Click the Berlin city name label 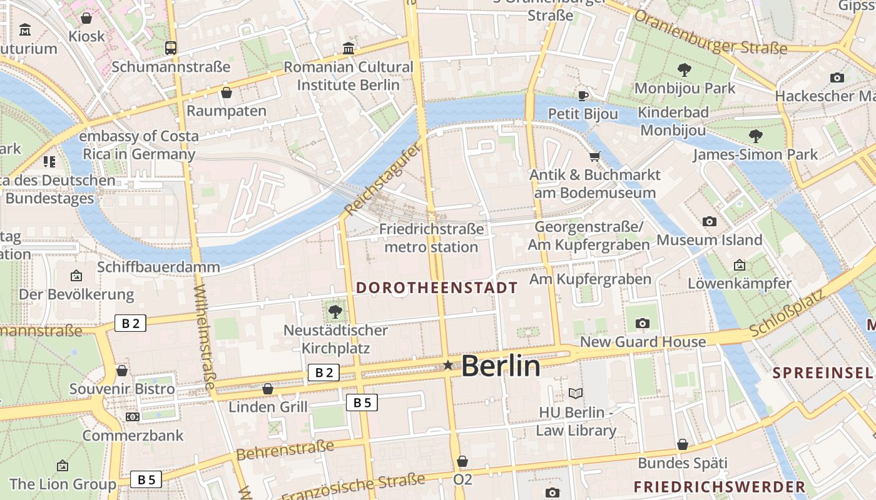(501, 366)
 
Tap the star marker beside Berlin (448, 365)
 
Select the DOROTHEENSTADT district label (437, 287)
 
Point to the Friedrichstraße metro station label (431, 238)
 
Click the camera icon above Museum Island (709, 221)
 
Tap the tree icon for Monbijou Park (685, 69)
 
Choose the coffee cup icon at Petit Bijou (583, 96)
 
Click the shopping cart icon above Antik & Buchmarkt (594, 156)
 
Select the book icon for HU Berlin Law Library (576, 393)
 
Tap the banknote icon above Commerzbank (132, 416)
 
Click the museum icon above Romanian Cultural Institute (349, 48)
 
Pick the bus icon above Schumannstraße (170, 47)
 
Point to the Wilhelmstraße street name (205, 337)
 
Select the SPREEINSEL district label (822, 373)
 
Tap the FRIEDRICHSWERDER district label (719, 487)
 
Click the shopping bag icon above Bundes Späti (683, 444)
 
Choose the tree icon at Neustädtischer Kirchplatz (335, 311)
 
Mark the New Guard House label (643, 342)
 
